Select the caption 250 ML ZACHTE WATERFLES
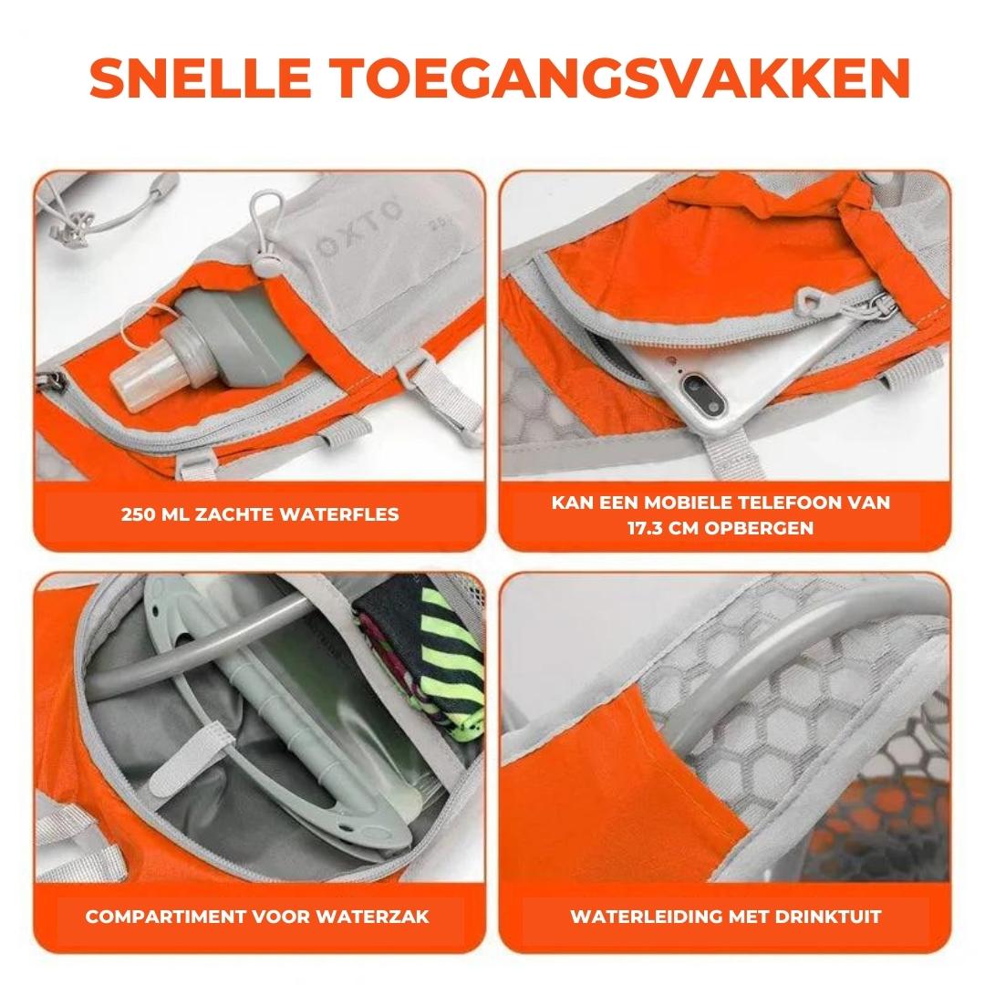(x=260, y=514)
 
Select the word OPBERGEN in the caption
(x=772, y=528)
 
